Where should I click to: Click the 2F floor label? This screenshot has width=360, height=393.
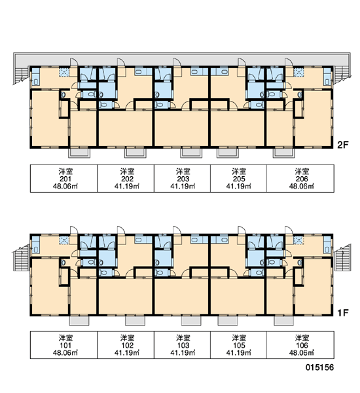[x=343, y=145]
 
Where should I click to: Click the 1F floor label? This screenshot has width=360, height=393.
[x=343, y=312]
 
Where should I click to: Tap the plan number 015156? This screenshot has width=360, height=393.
[x=319, y=367]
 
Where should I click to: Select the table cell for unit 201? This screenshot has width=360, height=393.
[x=64, y=178]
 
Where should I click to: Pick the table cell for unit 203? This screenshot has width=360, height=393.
[x=182, y=178]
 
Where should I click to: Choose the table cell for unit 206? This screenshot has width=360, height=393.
[x=300, y=178]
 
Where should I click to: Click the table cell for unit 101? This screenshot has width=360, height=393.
[x=64, y=345]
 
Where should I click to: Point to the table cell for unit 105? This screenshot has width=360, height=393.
[x=238, y=345]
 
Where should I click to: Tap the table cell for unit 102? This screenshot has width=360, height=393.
[x=126, y=345]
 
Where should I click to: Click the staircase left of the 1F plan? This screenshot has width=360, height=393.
[x=21, y=258]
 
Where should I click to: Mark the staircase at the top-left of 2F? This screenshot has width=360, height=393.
[x=21, y=75]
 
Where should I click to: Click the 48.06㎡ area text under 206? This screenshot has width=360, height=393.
[x=302, y=186]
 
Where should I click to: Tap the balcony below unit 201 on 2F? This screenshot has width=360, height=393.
[x=79, y=153]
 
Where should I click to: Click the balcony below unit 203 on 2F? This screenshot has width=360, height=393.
[x=191, y=153]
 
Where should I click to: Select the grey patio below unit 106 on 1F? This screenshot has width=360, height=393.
[x=283, y=320]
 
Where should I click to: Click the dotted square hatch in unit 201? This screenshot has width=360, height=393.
[x=63, y=73]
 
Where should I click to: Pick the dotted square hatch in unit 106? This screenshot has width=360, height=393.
[x=298, y=240]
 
